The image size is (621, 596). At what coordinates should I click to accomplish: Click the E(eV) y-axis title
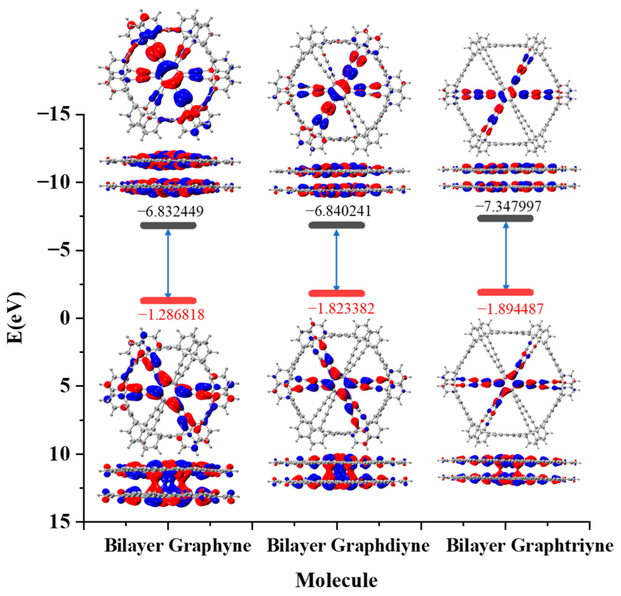pyautogui.click(x=16, y=318)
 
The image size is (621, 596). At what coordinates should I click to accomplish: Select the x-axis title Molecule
pyautogui.click(x=336, y=580)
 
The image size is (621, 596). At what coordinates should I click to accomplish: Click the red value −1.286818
pyautogui.click(x=171, y=315)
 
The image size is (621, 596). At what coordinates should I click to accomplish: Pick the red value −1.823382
pyautogui.click(x=341, y=308)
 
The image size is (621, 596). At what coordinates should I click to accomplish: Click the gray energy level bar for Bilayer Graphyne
pyautogui.click(x=168, y=225)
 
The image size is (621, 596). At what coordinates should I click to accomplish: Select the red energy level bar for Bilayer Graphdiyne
pyautogui.click(x=336, y=293)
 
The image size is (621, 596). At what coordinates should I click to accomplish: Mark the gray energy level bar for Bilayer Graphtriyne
pyautogui.click(x=505, y=218)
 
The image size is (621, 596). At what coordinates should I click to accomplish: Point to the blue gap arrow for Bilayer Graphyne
pyautogui.click(x=168, y=263)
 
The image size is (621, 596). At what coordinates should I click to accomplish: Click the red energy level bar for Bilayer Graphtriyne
pyautogui.click(x=505, y=292)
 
